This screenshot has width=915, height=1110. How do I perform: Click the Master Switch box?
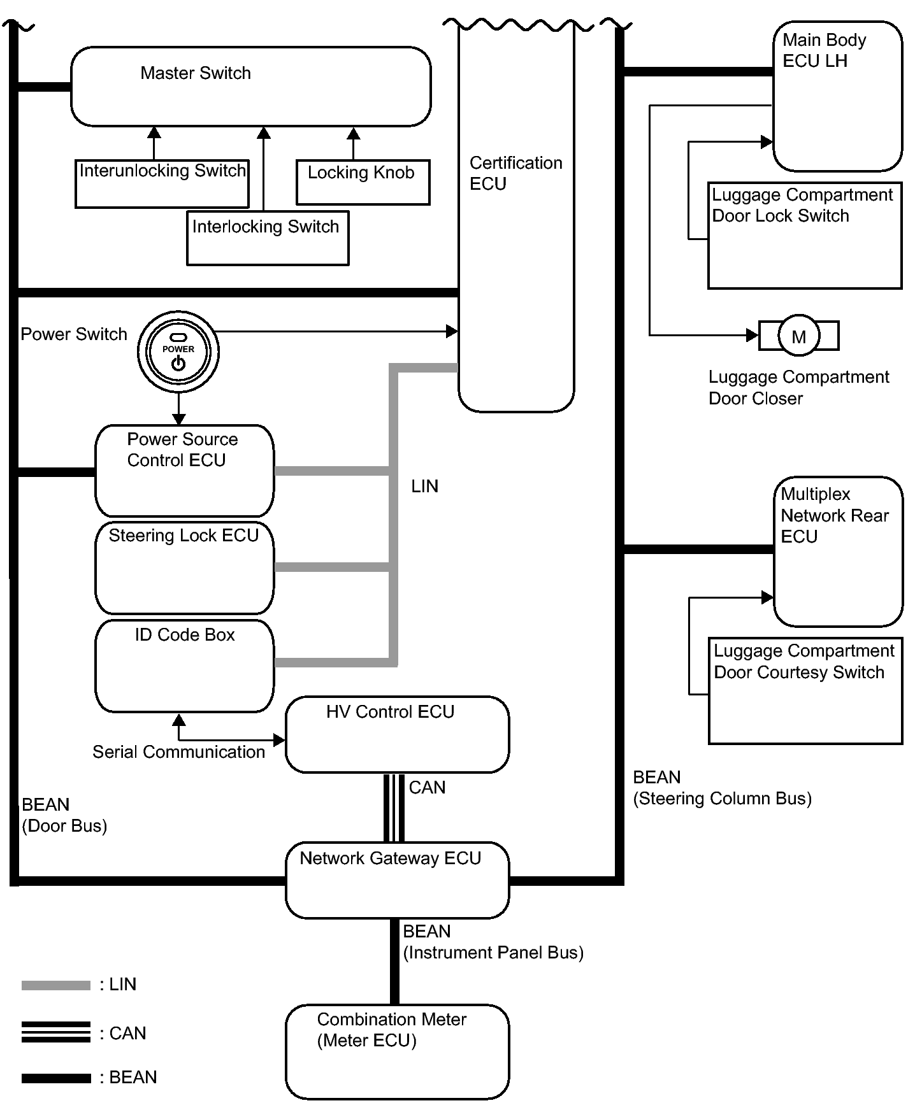[x=250, y=87]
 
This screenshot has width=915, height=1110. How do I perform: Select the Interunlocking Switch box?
[x=162, y=183]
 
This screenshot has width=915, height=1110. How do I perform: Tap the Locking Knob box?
[x=363, y=182]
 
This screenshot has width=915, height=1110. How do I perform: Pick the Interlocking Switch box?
[x=268, y=238]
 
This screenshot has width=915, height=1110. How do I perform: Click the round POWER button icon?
[x=178, y=352]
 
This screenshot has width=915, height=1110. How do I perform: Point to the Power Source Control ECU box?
[x=185, y=471]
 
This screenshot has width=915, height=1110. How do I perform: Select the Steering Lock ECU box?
[x=185, y=567]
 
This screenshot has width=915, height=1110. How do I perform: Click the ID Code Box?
[x=185, y=665]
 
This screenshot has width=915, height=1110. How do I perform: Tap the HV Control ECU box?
[x=397, y=734]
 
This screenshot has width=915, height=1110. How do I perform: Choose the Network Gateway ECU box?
[x=397, y=880]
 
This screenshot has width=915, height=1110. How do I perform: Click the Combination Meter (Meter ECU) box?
[x=397, y=1051]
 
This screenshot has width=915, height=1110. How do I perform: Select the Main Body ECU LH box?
[x=838, y=96]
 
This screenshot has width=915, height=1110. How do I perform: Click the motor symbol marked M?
[x=798, y=336]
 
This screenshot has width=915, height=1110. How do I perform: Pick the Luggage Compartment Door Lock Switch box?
[x=805, y=236]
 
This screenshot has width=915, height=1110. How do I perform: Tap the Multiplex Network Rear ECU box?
[x=839, y=551]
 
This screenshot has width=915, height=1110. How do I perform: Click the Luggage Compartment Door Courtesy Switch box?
[x=805, y=691]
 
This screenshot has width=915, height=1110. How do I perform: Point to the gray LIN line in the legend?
[x=56, y=985]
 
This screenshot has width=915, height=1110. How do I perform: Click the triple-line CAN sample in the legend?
[x=56, y=1032]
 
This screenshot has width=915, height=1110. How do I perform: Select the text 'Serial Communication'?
[x=178, y=752]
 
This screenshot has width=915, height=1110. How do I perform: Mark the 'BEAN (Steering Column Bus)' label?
[x=722, y=788]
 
